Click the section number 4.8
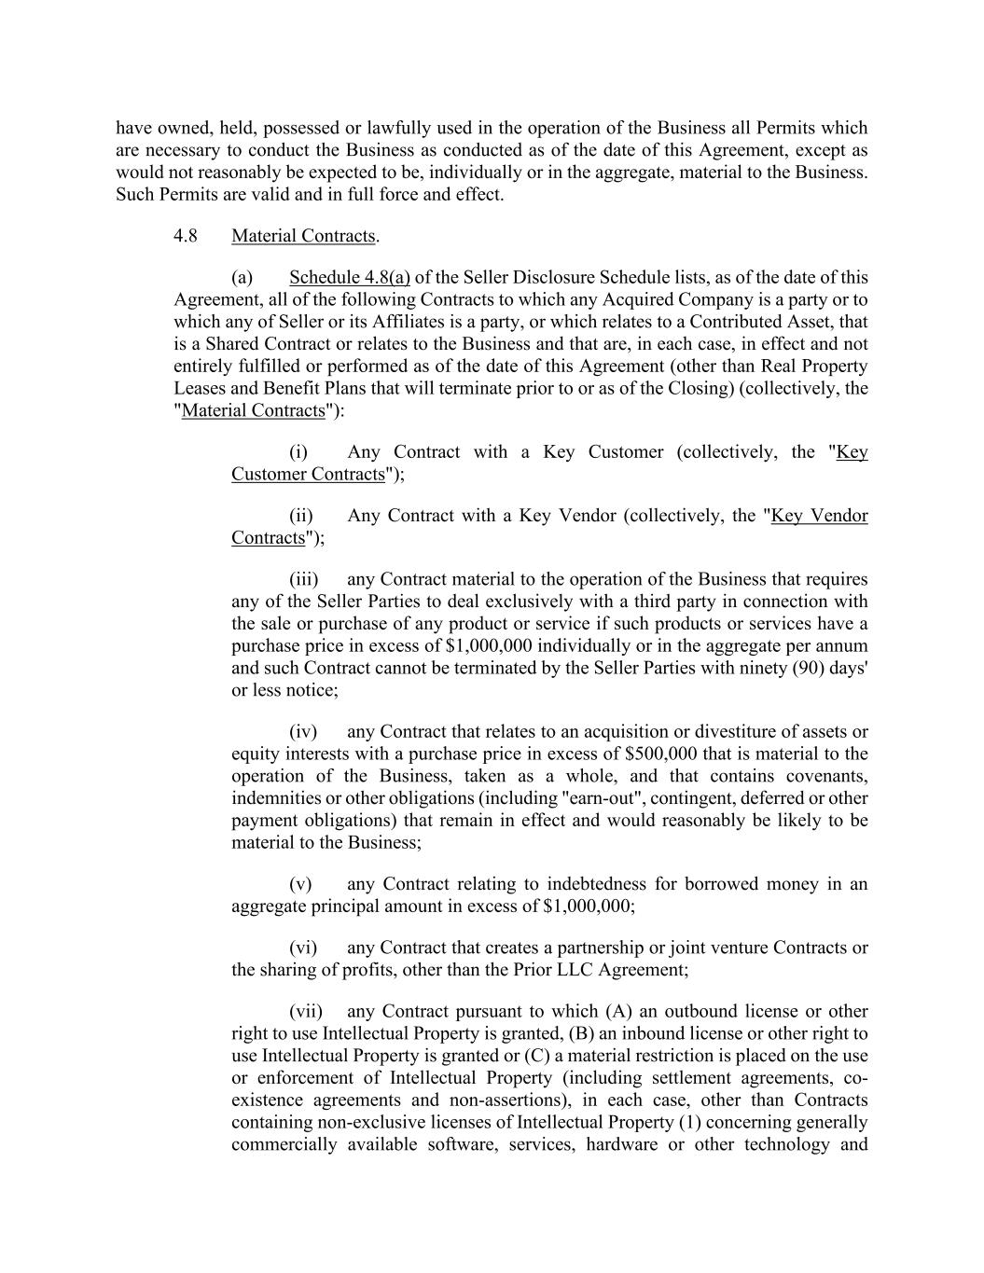185,236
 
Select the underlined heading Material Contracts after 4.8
304,236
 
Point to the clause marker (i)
298,452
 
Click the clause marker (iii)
302,579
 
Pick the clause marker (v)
300,884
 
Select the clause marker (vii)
306,1011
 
